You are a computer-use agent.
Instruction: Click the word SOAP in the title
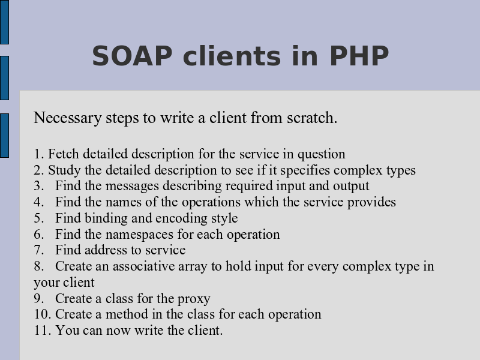(x=132, y=56)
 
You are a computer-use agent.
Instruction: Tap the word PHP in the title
(x=359, y=56)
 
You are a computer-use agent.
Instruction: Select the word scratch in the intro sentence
(x=312, y=118)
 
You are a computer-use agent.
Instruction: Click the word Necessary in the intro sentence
(x=67, y=118)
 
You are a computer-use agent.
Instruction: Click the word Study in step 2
(x=64, y=170)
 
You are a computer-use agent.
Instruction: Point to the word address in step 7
(x=105, y=250)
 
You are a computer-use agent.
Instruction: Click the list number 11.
(x=42, y=331)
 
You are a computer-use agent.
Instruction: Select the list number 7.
(x=39, y=250)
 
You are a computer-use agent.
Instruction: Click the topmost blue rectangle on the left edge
(x=4, y=22)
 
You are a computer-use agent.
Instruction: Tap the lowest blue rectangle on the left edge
(x=4, y=136)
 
